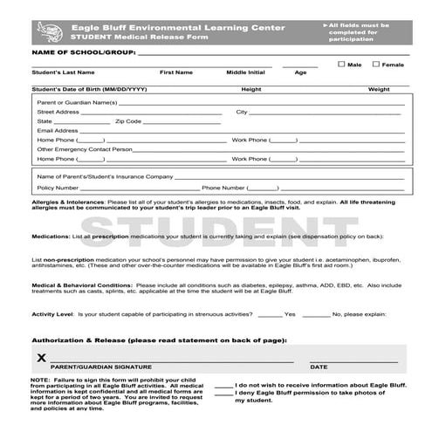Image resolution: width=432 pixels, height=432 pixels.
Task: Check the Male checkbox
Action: point(341,64)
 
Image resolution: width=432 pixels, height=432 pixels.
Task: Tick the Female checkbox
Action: point(375,64)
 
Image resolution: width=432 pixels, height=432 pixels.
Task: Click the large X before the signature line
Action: point(41,358)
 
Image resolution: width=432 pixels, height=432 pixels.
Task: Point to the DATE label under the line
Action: point(319,367)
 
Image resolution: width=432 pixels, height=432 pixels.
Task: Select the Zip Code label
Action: point(128,121)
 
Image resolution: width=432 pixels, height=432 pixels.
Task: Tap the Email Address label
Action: point(58,130)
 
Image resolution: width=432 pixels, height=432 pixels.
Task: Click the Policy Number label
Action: point(58,188)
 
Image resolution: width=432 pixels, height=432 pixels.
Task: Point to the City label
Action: point(242,112)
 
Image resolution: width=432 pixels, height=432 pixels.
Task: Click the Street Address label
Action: point(58,112)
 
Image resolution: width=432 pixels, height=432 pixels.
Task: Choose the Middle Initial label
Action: point(245,72)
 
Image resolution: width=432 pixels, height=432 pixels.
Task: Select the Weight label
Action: point(379,89)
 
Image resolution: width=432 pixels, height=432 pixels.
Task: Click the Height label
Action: point(251,89)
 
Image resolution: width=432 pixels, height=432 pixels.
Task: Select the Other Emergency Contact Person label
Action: point(85,149)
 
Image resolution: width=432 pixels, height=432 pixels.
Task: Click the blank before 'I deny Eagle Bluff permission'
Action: point(223,394)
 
